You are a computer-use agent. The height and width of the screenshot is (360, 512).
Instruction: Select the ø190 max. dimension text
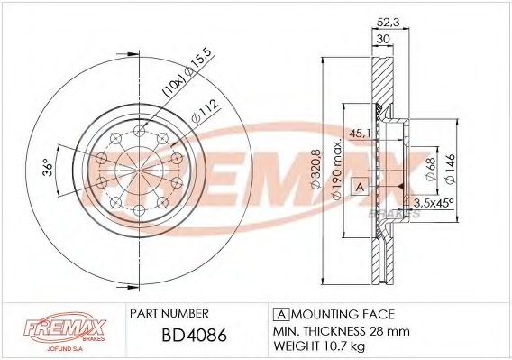click(334, 170)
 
